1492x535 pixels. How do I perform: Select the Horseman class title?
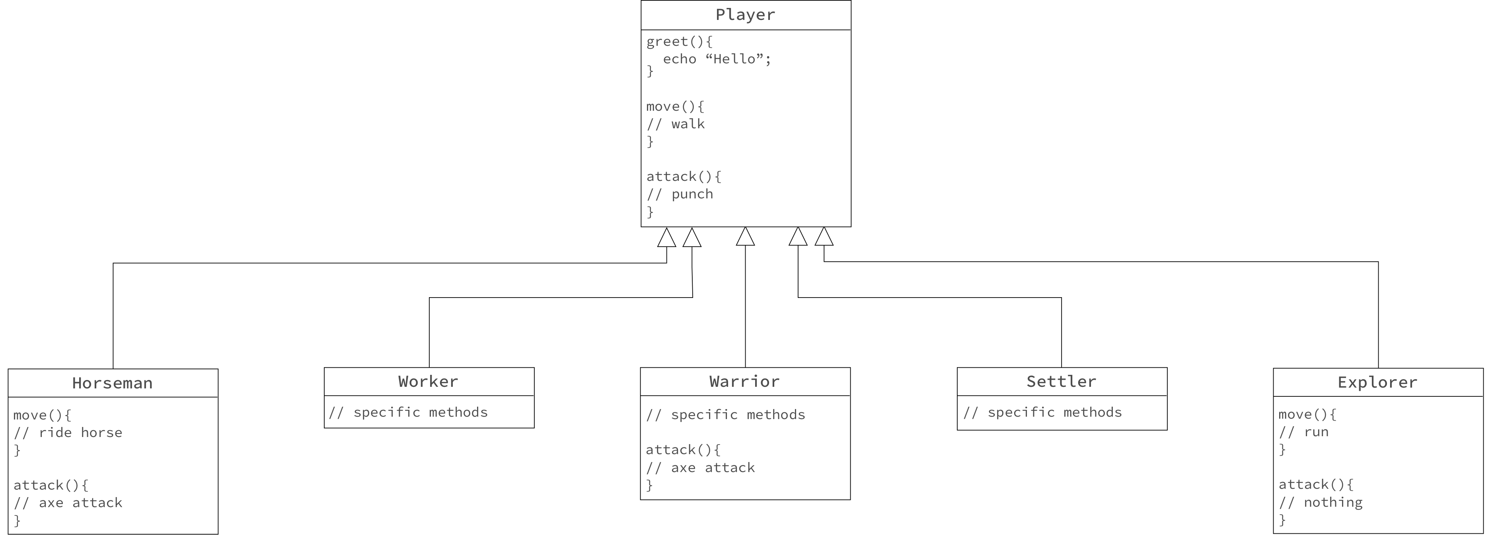112,383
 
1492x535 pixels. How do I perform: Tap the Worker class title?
428,381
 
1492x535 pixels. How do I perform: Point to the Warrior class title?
744,381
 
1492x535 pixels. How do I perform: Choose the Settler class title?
1061,381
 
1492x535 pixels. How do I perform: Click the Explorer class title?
1377,382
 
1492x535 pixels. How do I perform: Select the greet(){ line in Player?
680,42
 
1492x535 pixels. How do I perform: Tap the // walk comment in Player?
675,124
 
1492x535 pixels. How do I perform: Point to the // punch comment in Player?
680,194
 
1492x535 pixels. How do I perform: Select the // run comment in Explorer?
1303,432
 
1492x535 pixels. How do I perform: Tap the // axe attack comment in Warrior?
700,468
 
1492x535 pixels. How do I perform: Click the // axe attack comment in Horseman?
68,503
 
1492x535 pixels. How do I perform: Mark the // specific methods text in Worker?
408,413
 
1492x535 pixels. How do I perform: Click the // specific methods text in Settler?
1042,413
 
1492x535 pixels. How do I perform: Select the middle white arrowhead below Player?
746,238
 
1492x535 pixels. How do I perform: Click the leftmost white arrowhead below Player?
667,239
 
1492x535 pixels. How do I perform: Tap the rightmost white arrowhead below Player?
824,238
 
